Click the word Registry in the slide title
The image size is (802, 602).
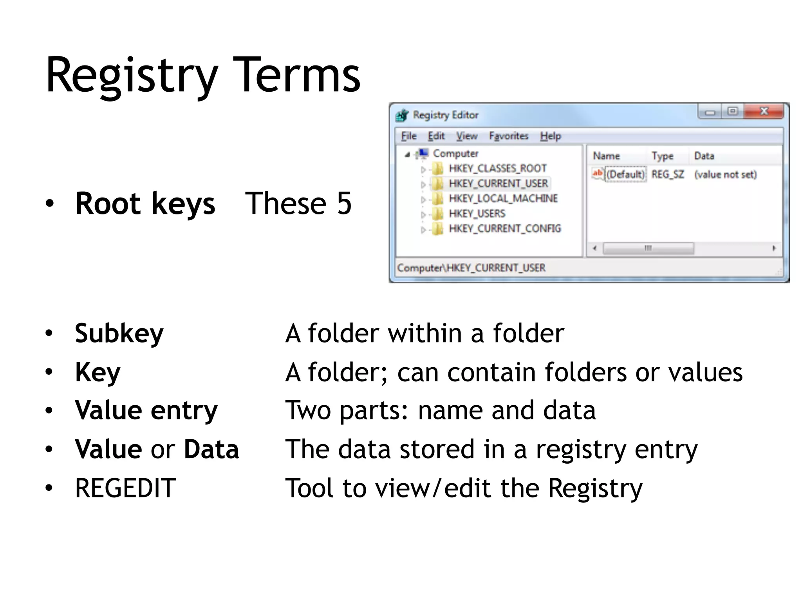coord(132,76)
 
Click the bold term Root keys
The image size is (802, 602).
coord(145,204)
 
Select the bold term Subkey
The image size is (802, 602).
coord(119,334)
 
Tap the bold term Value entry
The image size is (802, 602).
coord(146,410)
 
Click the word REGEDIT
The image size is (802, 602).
coord(125,488)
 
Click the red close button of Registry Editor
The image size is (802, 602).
coord(764,112)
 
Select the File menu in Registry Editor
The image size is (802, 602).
coord(408,136)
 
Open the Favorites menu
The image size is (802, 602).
coord(508,136)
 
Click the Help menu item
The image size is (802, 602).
coord(550,136)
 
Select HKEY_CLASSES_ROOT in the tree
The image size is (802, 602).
coord(497,169)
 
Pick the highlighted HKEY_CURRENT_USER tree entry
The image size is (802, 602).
coord(498,183)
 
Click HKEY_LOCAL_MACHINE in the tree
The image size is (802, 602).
coord(503,198)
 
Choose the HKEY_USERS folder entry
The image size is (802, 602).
coord(477,214)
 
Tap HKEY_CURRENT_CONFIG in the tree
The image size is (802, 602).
coord(504,228)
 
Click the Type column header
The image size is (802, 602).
coord(662,156)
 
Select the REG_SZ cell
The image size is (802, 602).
coord(667,174)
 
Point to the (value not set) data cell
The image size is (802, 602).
coord(725,174)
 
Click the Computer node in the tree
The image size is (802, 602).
coord(455,154)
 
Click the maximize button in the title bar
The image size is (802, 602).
coord(732,112)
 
